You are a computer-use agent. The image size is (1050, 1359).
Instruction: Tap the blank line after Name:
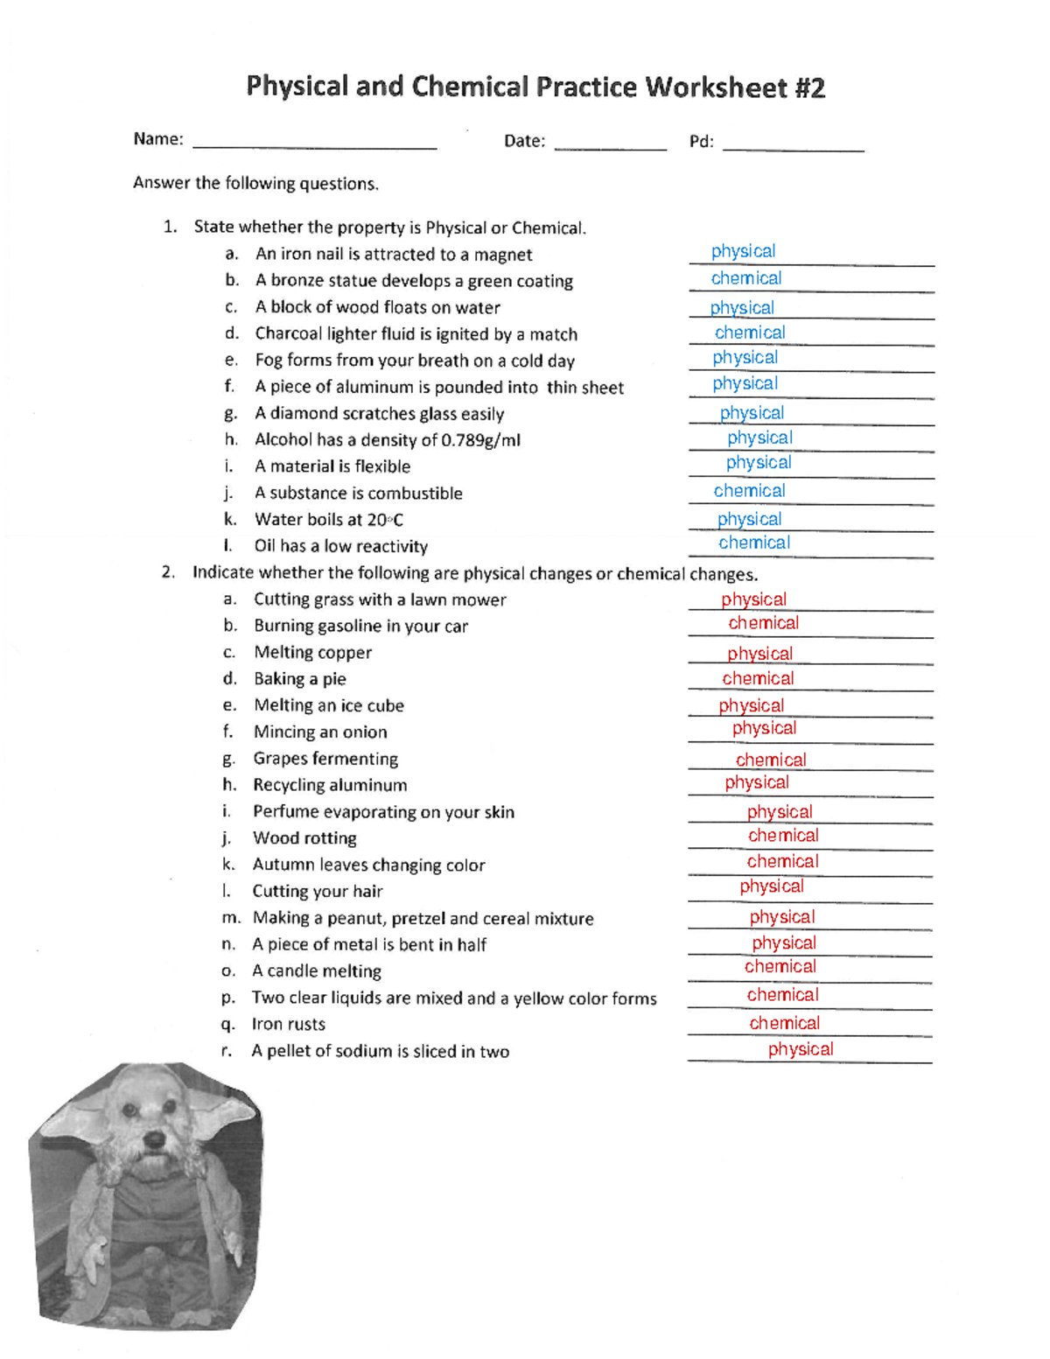point(314,145)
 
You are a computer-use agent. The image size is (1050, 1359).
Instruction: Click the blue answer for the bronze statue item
point(745,278)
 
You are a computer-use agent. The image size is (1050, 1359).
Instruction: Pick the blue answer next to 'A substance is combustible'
point(749,491)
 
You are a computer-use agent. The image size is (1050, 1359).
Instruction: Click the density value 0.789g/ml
point(480,440)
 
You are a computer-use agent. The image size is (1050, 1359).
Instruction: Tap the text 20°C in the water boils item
point(385,520)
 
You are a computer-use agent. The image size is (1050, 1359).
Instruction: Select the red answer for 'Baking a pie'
point(758,678)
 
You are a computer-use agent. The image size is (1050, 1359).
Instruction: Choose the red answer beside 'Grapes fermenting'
point(770,760)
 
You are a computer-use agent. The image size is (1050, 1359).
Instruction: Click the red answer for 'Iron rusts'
point(784,1023)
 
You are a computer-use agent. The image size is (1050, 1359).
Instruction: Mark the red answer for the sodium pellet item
point(800,1049)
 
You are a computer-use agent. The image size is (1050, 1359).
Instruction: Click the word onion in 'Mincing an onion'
point(364,732)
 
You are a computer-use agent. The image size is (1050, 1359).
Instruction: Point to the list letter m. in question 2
point(231,918)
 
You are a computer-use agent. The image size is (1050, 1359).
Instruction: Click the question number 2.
point(168,572)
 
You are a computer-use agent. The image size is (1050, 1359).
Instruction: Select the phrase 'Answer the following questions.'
point(255,184)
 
